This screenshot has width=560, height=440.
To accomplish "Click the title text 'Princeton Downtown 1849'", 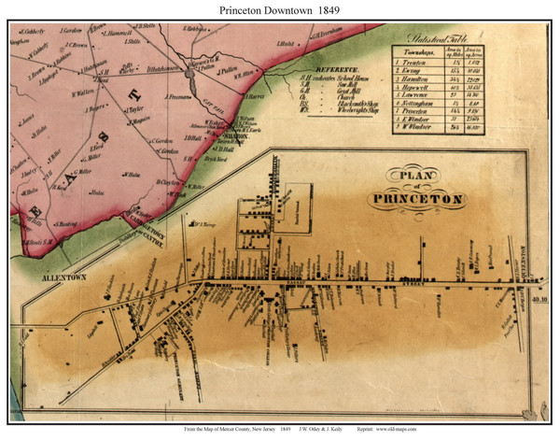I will [280, 9].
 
